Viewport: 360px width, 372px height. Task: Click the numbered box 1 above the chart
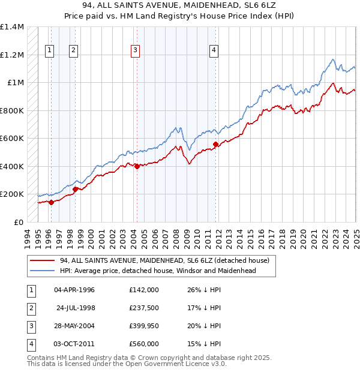click(x=49, y=50)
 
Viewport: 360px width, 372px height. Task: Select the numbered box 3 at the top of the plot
click(x=136, y=50)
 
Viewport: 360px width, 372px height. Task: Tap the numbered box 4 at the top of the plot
click(x=214, y=50)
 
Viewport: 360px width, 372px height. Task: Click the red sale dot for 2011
click(x=216, y=144)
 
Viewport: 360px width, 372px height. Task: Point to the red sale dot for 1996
click(x=51, y=202)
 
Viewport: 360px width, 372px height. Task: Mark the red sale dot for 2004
click(x=137, y=166)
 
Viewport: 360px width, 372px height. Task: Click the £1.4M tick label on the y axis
click(x=12, y=27)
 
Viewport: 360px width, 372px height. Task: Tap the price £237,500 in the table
click(x=143, y=308)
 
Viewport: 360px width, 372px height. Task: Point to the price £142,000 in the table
click(x=143, y=290)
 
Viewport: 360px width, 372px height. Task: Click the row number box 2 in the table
click(x=30, y=308)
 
